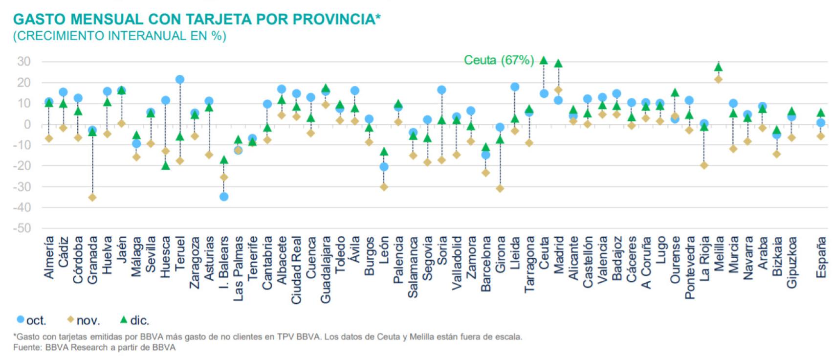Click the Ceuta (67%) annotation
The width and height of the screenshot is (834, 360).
[498, 60]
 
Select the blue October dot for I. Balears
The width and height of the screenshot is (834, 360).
[224, 197]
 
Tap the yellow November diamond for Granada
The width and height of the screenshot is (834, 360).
[92, 198]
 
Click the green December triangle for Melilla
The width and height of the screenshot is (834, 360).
[718, 67]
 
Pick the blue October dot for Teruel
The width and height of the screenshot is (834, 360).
[179, 79]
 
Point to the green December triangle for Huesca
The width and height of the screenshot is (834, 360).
[166, 166]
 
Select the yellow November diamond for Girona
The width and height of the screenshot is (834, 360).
[500, 188]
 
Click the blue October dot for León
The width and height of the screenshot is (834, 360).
[384, 167]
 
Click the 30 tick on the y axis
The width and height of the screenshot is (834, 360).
[23, 62]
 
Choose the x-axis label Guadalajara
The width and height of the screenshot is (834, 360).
[325, 270]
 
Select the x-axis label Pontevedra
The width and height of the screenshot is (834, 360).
[689, 267]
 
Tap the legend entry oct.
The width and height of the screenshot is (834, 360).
[32, 320]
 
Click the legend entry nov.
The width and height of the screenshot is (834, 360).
[84, 320]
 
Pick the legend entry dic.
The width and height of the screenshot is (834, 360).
[135, 320]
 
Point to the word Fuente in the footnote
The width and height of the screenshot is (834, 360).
[26, 348]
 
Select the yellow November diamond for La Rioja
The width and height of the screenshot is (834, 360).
[704, 165]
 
